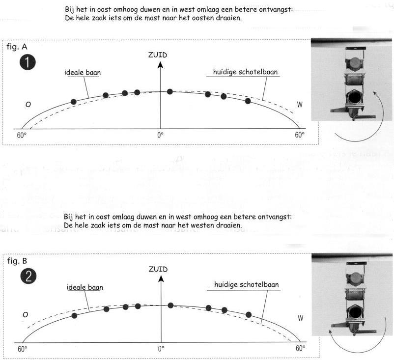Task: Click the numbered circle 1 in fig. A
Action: pos(28,63)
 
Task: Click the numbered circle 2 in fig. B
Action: pos(28,277)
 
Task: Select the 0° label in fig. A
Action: pos(160,134)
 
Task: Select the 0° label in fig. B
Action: pos(161,349)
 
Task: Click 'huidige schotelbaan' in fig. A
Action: pos(246,72)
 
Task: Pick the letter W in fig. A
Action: pos(300,105)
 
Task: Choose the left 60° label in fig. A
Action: pos(22,134)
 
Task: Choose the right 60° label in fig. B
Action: pos(300,349)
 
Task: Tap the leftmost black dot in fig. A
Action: pos(74,102)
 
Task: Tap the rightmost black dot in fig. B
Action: pos(249,314)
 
